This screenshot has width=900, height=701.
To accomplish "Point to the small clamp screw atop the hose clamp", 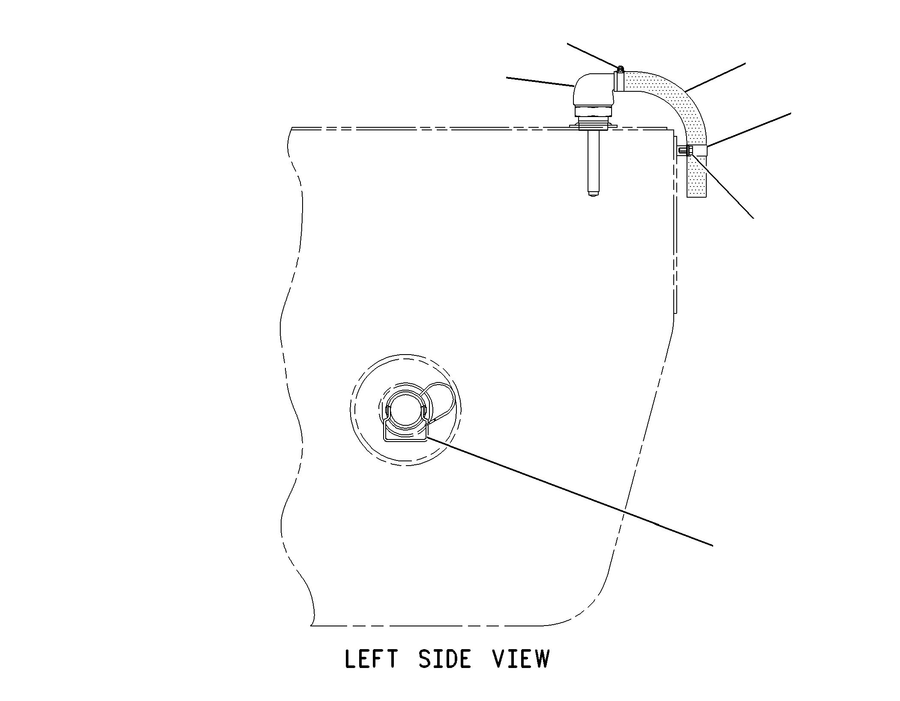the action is [620, 68].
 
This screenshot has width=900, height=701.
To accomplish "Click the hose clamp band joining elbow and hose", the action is [619, 81].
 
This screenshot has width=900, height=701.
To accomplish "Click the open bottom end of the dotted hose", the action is [697, 196].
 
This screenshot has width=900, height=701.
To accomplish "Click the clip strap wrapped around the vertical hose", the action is [697, 150].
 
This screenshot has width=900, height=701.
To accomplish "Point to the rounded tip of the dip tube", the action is [593, 195].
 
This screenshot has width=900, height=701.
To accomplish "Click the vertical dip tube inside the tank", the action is [593, 163].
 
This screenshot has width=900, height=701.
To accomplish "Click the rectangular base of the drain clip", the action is [405, 433].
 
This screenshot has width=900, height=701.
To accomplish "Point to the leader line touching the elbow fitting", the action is [540, 82].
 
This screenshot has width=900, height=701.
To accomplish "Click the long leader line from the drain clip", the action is [570, 491].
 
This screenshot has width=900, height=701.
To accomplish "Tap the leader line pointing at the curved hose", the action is [715, 77].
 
